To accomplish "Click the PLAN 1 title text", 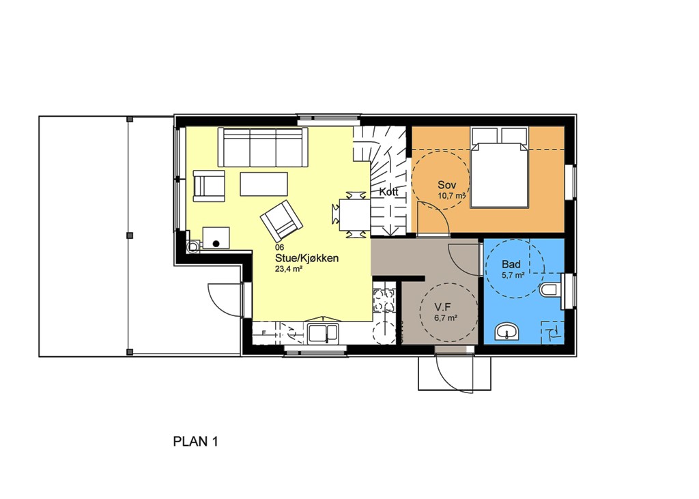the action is [195, 442].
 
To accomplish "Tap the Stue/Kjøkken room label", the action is [306, 258].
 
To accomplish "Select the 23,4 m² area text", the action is [289, 269].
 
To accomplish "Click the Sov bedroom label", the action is [446, 184].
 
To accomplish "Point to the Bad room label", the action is [511, 264].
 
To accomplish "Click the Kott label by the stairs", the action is [388, 193].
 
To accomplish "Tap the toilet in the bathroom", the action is [552, 290].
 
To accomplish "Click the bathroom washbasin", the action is [507, 332].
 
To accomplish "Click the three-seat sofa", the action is [263, 147].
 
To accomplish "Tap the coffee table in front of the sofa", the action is [263, 184].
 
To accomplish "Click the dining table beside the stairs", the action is [355, 214].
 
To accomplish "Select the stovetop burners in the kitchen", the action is [384, 300].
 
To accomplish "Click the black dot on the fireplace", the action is [216, 244].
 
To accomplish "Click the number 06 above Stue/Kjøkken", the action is [279, 247].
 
